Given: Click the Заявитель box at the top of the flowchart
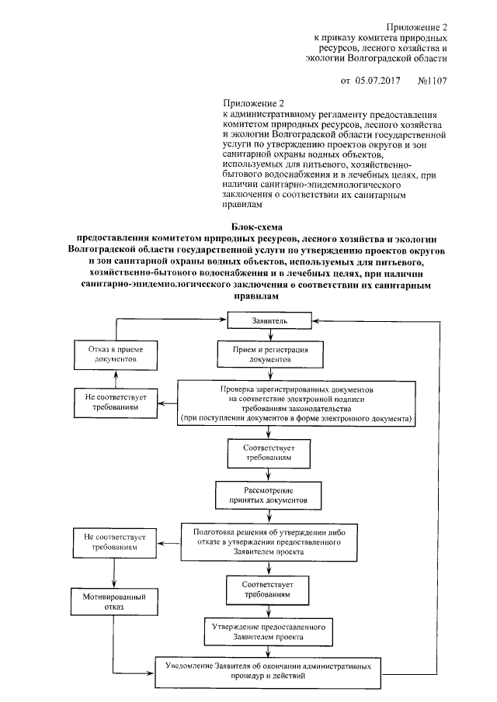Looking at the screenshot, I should click(x=270, y=320).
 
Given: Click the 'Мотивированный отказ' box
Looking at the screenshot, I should click(x=113, y=602).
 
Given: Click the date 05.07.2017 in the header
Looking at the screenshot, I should click(x=377, y=80).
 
